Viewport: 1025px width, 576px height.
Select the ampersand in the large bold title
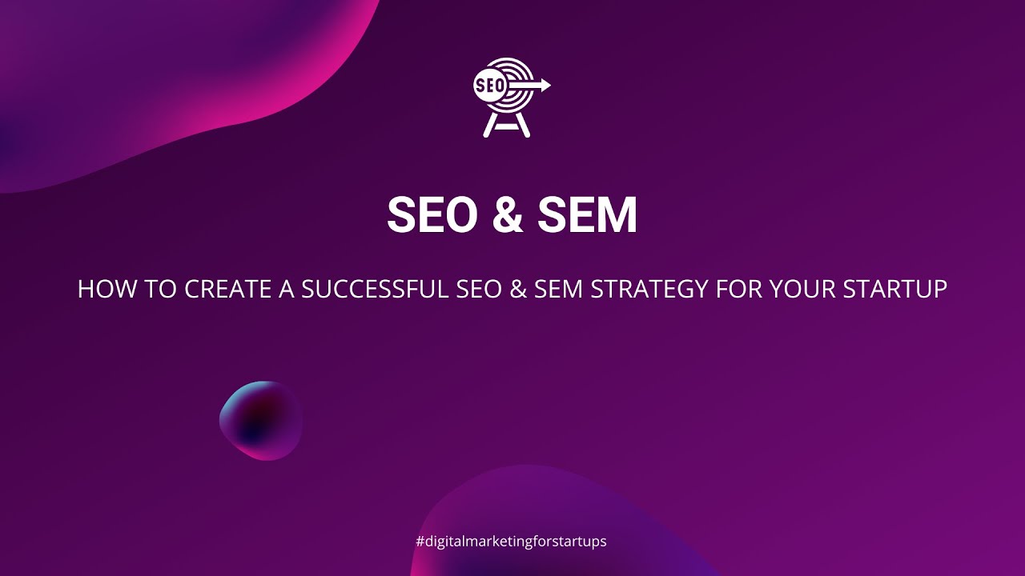click(507, 215)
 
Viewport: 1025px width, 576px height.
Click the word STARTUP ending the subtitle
click(894, 290)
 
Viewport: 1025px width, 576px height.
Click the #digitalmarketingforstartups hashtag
click(512, 542)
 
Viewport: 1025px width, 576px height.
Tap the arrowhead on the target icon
click(545, 85)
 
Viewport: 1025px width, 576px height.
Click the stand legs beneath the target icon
click(507, 126)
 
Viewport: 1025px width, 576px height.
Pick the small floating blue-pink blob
click(261, 420)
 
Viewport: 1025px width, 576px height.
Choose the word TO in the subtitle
click(163, 290)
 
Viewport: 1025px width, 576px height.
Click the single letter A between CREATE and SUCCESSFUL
click(287, 290)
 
